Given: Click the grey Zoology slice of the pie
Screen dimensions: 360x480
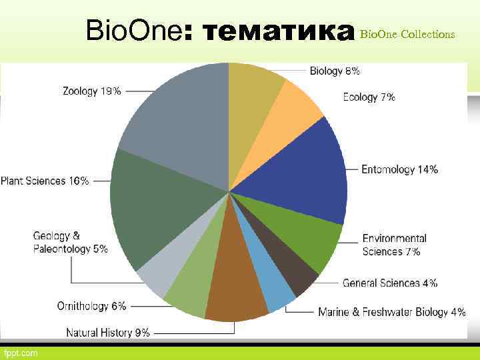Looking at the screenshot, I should click(x=177, y=120).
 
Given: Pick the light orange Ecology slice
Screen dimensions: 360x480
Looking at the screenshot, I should click(x=293, y=107).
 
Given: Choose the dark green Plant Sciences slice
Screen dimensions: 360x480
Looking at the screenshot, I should click(x=153, y=207).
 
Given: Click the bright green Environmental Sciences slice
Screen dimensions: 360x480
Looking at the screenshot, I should click(x=310, y=240).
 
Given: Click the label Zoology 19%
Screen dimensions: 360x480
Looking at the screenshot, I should click(x=92, y=91).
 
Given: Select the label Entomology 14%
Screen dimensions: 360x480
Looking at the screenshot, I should click(x=399, y=170).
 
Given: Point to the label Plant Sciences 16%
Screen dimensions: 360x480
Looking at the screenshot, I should click(x=45, y=181).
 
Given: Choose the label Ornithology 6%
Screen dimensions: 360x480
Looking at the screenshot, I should click(x=91, y=306).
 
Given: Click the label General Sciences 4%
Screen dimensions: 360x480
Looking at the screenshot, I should click(x=390, y=283).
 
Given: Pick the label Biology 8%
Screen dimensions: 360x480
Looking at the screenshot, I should click(x=335, y=71).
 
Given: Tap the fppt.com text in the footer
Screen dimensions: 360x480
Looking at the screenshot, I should click(x=21, y=352).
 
